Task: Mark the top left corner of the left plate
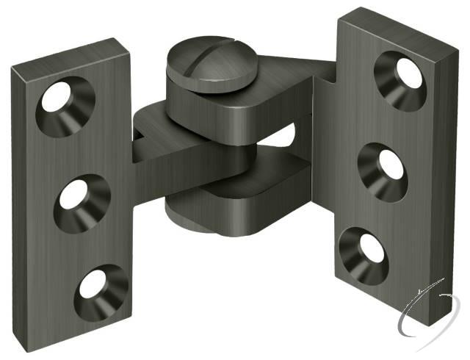coord(12,67)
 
